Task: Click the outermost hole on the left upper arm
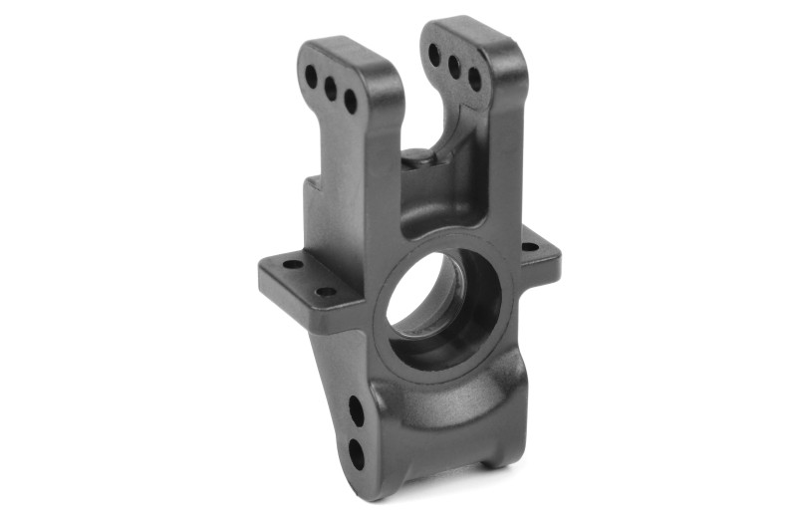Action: (x=311, y=75)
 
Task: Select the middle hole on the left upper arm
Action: (x=331, y=88)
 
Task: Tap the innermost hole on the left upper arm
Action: (x=351, y=101)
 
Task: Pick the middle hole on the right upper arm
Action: (x=454, y=66)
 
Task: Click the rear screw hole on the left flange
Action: (x=293, y=265)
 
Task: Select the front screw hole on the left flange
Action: (x=326, y=292)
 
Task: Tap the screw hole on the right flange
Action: (x=528, y=246)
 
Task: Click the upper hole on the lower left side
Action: (x=356, y=409)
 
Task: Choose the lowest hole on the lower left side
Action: (x=356, y=453)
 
